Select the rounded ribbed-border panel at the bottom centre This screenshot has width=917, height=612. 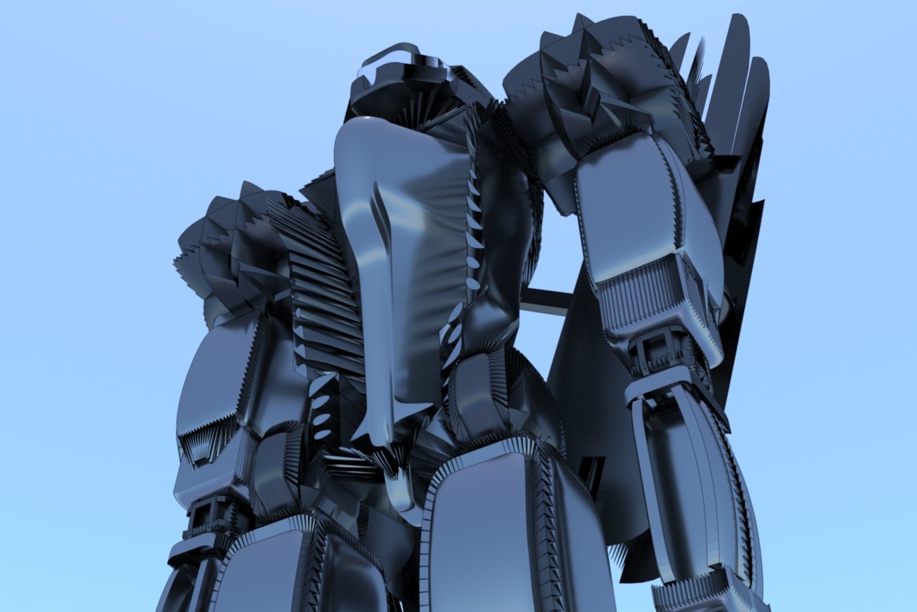(487, 531)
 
